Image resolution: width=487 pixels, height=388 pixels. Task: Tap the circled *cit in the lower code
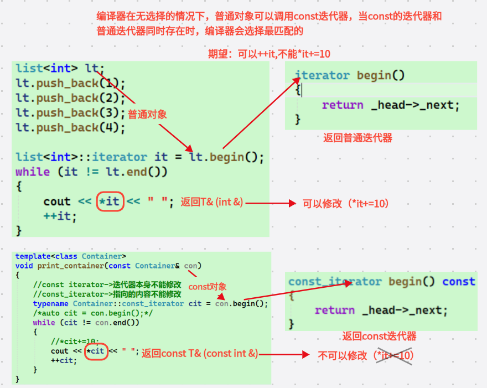coord(96,351)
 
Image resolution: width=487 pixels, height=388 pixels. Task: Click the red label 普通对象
coord(147,115)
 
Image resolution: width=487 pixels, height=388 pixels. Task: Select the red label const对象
coord(208,287)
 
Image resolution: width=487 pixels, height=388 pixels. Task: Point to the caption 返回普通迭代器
coord(358,138)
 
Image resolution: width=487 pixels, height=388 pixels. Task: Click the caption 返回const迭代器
coord(379,336)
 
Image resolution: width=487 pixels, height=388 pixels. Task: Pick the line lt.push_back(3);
coord(71,113)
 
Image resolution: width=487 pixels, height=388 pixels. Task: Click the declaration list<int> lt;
coord(60,69)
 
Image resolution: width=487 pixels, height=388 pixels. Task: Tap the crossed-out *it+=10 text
coord(394,355)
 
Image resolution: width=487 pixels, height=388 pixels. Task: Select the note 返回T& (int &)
coord(212,203)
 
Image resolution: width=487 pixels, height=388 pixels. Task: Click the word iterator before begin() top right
coord(322,75)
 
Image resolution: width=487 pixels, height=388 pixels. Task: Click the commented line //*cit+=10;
coord(75,342)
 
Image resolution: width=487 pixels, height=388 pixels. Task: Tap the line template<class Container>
coord(71,256)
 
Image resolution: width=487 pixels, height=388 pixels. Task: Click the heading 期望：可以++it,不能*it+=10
coord(269,54)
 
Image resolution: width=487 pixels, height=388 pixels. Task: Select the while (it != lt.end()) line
coord(91,172)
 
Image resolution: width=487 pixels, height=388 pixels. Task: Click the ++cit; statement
coord(64,360)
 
